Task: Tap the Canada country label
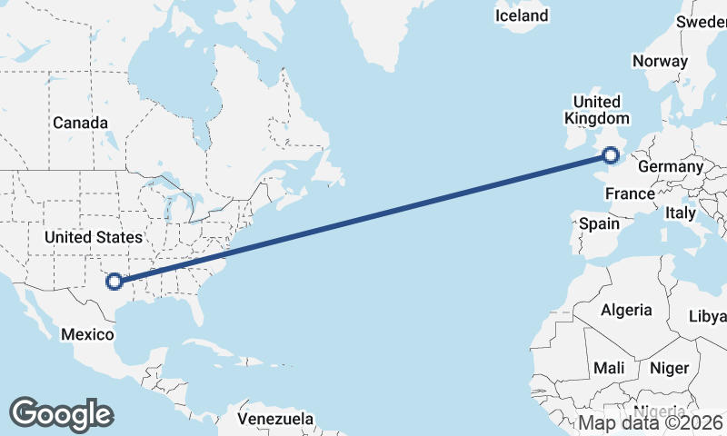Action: click(x=81, y=123)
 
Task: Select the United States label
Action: click(x=95, y=237)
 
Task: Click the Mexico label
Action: click(x=86, y=334)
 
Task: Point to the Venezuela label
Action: click(x=275, y=420)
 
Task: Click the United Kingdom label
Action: click(x=596, y=110)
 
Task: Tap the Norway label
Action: click(x=660, y=62)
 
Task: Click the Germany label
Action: click(x=671, y=167)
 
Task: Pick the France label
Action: click(x=630, y=193)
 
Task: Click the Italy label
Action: click(x=680, y=213)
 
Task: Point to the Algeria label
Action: click(x=626, y=310)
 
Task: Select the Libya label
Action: click(x=709, y=316)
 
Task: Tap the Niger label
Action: click(x=669, y=368)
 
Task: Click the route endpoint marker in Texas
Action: click(x=115, y=282)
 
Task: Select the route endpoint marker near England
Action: click(x=612, y=155)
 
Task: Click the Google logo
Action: click(x=61, y=413)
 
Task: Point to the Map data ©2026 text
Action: click(x=651, y=422)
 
